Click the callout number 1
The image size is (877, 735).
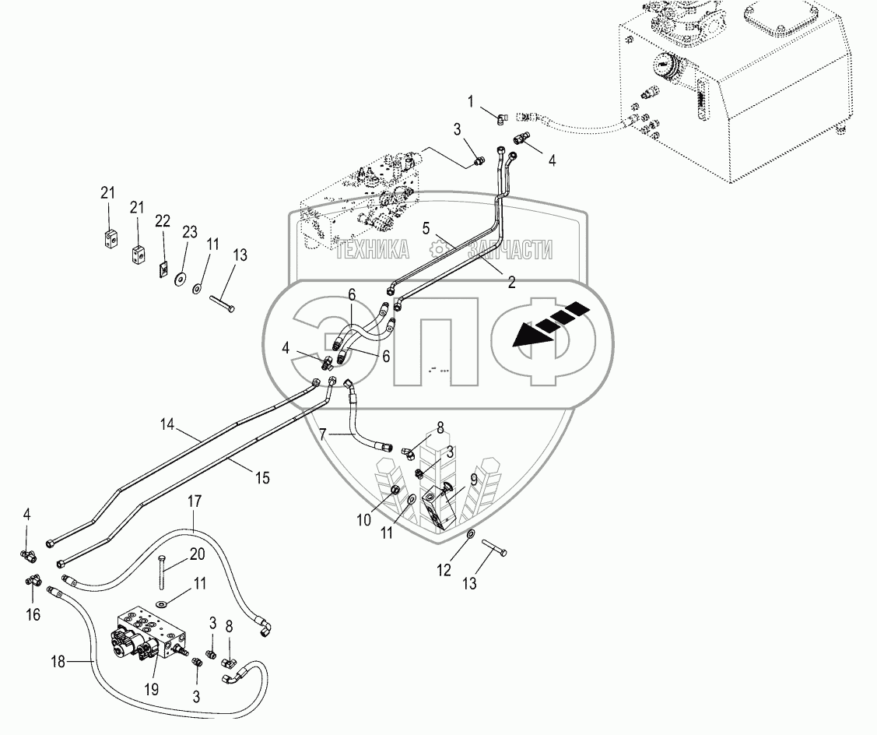[x=470, y=102]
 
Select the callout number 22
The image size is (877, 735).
[x=162, y=221]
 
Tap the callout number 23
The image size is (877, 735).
[x=190, y=232]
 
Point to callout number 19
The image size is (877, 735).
[x=152, y=689]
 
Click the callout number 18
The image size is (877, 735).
[x=58, y=663]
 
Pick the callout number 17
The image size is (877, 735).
[x=194, y=501]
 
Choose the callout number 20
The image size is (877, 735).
[x=198, y=554]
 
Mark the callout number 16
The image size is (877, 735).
[x=33, y=614]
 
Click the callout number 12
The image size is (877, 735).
[x=444, y=571]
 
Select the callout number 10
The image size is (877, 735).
[x=363, y=521]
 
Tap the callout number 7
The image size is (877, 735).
[x=323, y=434]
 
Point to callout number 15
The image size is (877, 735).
[x=262, y=478]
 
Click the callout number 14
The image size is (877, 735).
[x=167, y=425]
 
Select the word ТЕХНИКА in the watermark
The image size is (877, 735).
[x=372, y=250]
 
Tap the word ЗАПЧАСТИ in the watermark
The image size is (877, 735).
[x=510, y=250]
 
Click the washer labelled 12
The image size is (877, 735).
[x=471, y=535]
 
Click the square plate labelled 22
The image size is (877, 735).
[x=163, y=270]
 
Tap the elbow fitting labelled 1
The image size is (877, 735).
[x=502, y=118]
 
